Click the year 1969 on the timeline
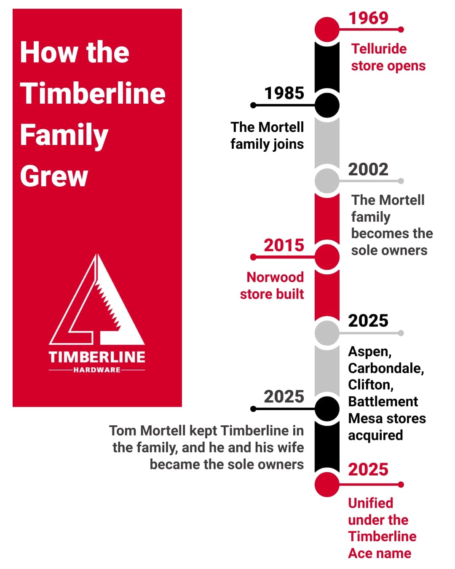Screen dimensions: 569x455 [x=368, y=18]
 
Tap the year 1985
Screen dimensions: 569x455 [x=284, y=93]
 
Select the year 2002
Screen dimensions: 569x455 [x=368, y=169]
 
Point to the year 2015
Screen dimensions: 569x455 [x=284, y=245]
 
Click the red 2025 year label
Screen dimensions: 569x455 [x=368, y=470]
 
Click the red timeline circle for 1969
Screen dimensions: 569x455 [x=327, y=30]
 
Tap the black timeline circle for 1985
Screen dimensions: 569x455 [x=327, y=105]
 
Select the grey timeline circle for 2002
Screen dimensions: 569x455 [x=327, y=181]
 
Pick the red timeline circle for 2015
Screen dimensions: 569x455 [x=327, y=257]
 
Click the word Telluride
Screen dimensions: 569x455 [x=379, y=49]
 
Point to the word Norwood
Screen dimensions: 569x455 [x=275, y=277]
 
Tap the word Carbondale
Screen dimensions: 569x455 [x=385, y=368]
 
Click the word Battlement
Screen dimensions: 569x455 [x=383, y=402]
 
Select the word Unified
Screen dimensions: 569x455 [x=370, y=503]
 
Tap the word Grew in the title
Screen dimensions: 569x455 [x=54, y=176]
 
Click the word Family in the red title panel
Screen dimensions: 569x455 [x=64, y=135]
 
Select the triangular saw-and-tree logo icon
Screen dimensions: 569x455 [x=97, y=300]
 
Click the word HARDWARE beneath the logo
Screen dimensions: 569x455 [x=97, y=370]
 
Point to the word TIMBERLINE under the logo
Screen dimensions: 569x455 [x=97, y=357]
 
